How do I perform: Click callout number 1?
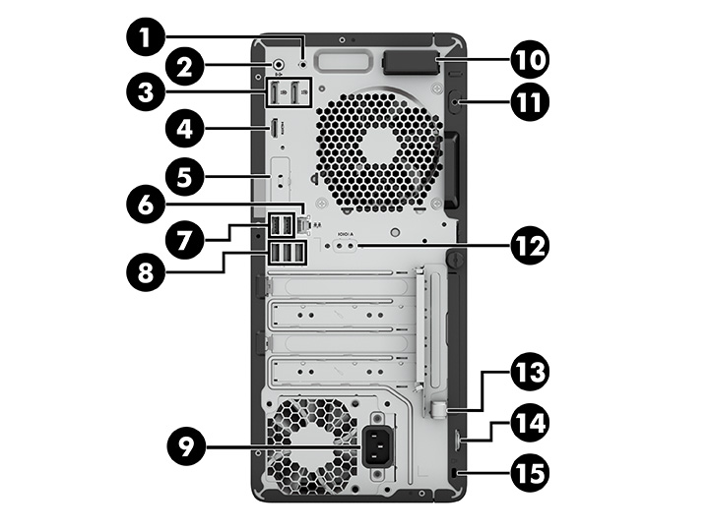point(146,38)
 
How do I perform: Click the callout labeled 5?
point(185,177)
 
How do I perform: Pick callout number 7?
point(185,236)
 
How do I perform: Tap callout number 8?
point(146,268)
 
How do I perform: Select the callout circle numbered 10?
point(528,60)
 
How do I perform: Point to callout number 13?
point(528,375)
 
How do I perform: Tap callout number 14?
point(528,424)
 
